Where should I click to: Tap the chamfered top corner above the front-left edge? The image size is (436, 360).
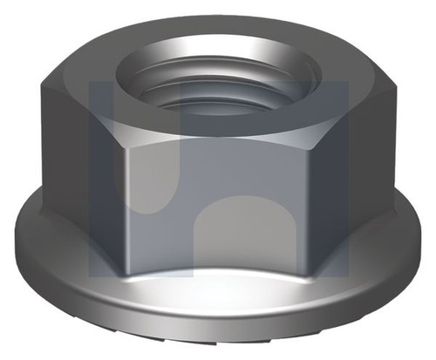pyautogui.click(x=122, y=122)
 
